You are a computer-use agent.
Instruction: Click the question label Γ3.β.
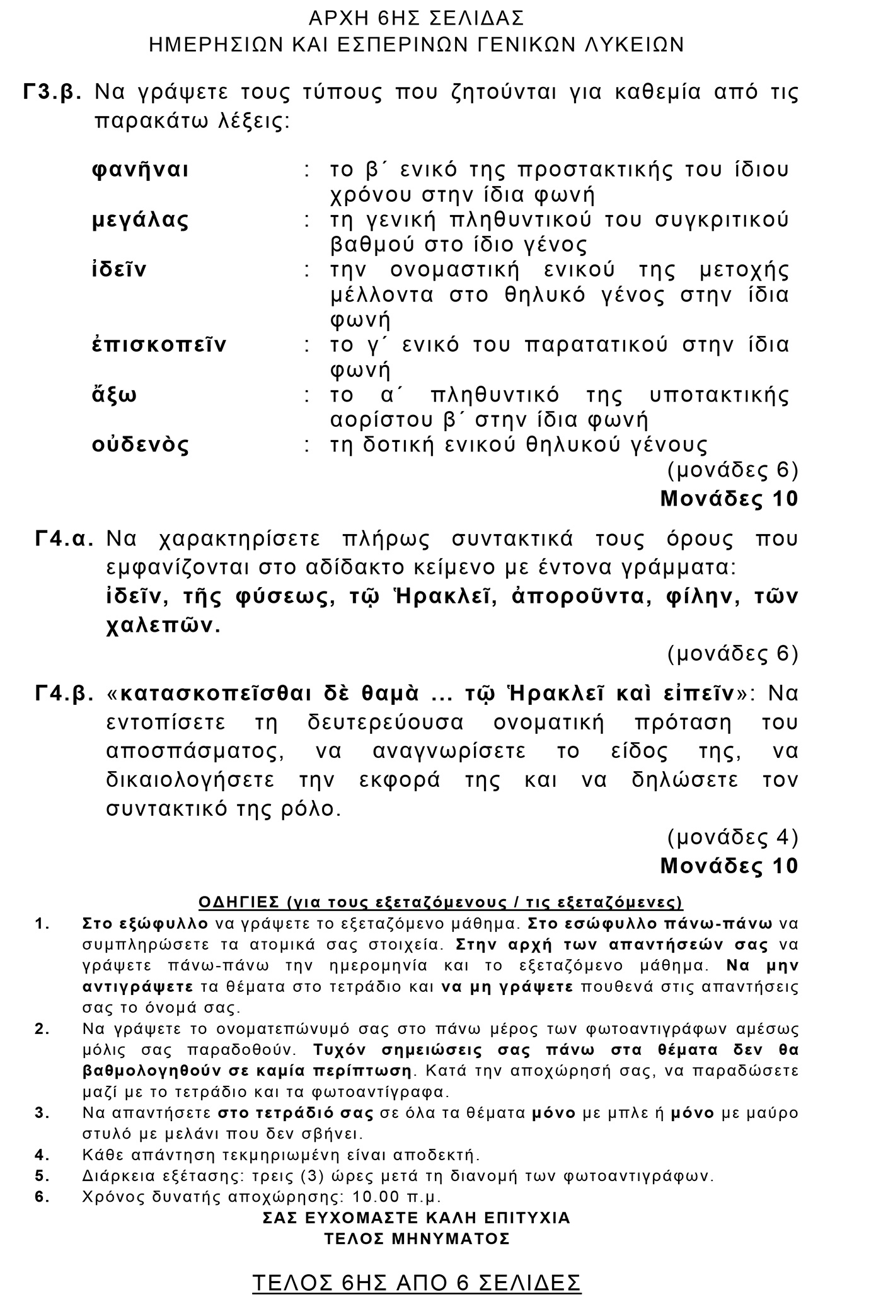coord(53,92)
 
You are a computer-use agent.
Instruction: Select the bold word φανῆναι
coord(141,170)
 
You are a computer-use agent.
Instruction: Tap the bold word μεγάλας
coord(141,220)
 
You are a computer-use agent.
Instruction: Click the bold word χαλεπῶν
coord(163,626)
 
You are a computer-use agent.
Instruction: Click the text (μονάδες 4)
coord(732,837)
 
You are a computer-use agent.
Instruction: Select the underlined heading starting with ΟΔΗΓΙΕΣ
coord(440,903)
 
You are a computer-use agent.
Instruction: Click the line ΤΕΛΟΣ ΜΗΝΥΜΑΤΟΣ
coord(417,1238)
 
